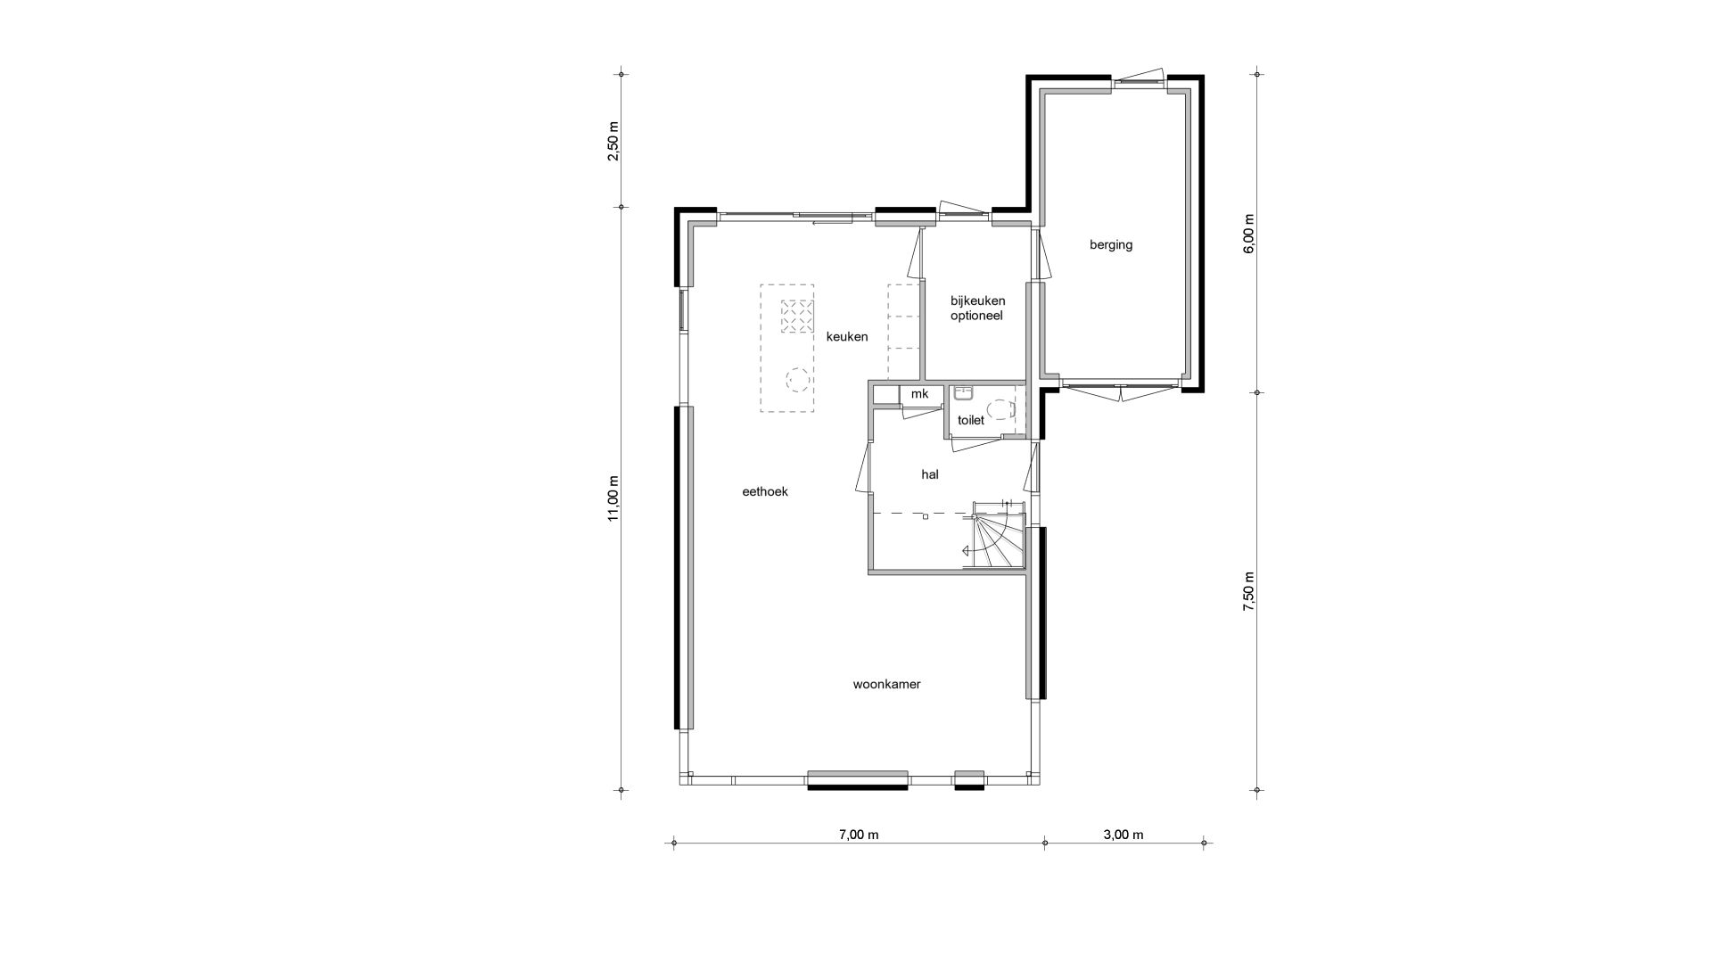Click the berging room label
point(1110,245)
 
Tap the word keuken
point(847,336)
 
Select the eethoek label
point(765,491)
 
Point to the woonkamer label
point(886,685)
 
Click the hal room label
point(930,475)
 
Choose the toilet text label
point(971,420)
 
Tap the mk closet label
point(919,393)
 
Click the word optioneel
point(977,316)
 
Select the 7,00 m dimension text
point(859,835)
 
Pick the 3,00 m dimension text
point(1123,835)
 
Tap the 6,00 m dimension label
point(1248,235)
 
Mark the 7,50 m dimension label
point(1248,591)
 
